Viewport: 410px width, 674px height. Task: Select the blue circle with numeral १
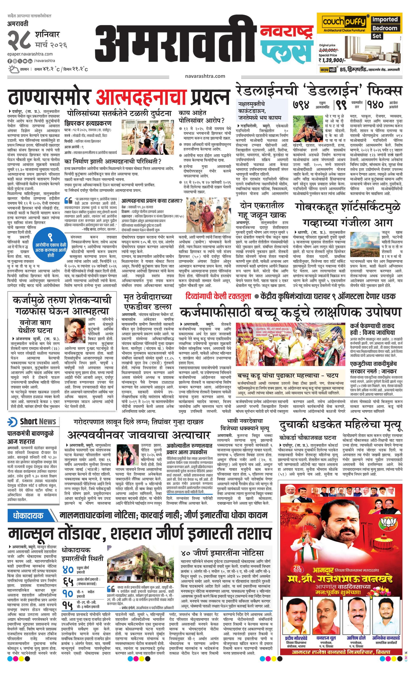[50, 244]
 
